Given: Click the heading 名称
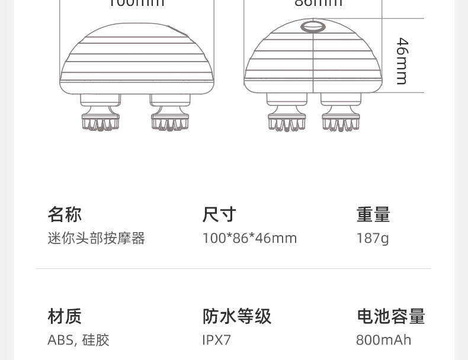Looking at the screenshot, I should click(x=65, y=214).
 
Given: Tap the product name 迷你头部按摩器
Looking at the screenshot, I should click(x=96, y=238).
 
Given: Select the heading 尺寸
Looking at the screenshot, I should click(x=219, y=214).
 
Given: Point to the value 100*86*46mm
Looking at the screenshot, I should click(x=249, y=238).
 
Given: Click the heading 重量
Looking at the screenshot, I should click(x=373, y=214).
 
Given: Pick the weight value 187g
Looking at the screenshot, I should click(x=373, y=238).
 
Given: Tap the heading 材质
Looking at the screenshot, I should click(x=65, y=316).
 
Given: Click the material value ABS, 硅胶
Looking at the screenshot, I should click(x=78, y=340).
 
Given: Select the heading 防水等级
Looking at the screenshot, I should click(x=237, y=316).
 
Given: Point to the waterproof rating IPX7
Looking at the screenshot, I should click(x=217, y=340).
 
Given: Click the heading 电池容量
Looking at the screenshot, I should click(x=391, y=316).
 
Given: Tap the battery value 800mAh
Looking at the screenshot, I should click(x=383, y=340).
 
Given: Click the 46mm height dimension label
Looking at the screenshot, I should click(x=402, y=61).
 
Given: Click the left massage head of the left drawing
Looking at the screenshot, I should click(x=100, y=115).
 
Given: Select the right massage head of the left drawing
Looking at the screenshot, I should click(x=171, y=115).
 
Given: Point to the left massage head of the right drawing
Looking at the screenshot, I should click(x=287, y=115).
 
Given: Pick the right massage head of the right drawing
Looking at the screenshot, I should click(x=341, y=115).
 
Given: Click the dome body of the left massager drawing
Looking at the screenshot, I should click(x=136, y=59).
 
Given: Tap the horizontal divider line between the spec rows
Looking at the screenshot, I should click(x=233, y=269).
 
